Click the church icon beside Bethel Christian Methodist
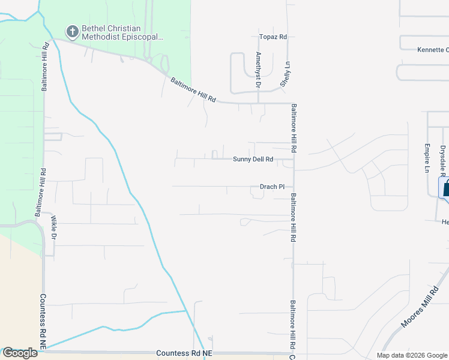coord(72,31)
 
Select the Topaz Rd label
coord(273,37)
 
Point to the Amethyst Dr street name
coord(258,70)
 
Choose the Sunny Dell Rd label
coord(253,160)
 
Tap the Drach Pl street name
coord(272,187)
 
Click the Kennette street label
coord(433,49)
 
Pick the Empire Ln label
coord(427,158)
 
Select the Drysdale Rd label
coord(443,159)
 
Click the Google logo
coord(20,353)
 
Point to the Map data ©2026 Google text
coord(411,355)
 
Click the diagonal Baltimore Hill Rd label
coord(192,89)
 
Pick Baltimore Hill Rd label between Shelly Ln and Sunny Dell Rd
coord(294,128)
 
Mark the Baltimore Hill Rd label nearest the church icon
coord(44,67)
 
